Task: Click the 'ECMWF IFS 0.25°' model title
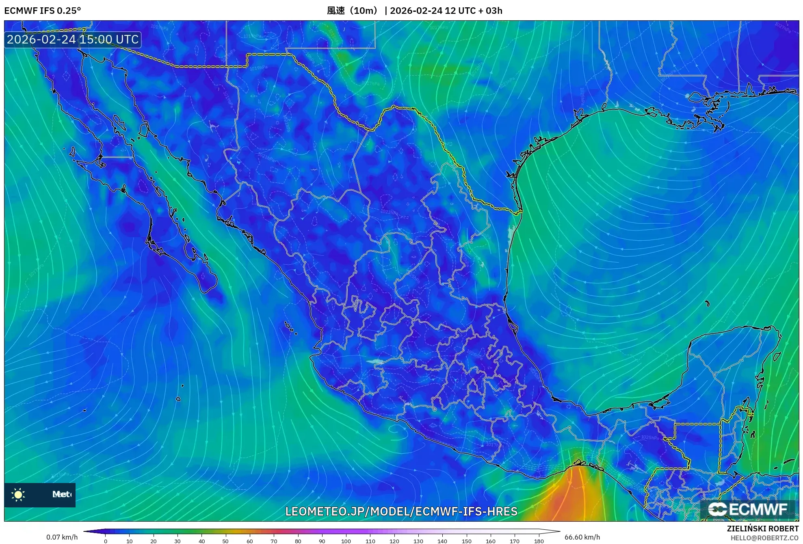(x=42, y=11)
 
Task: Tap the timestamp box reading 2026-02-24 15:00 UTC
(x=73, y=39)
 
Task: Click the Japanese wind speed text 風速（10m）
(x=353, y=11)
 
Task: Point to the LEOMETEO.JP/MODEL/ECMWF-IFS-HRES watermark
(x=401, y=511)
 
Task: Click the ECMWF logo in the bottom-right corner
(x=748, y=509)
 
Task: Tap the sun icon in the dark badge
(x=18, y=494)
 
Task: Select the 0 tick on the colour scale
(x=106, y=541)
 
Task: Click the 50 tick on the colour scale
(x=225, y=541)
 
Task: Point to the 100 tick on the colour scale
(x=346, y=541)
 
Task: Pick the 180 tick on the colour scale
(x=539, y=541)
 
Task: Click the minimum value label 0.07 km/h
(x=62, y=537)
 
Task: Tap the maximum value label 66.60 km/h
(x=582, y=537)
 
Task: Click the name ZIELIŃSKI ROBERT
(x=762, y=529)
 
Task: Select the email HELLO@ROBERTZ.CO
(x=764, y=538)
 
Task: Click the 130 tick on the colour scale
(x=418, y=541)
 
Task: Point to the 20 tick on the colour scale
(x=154, y=541)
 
